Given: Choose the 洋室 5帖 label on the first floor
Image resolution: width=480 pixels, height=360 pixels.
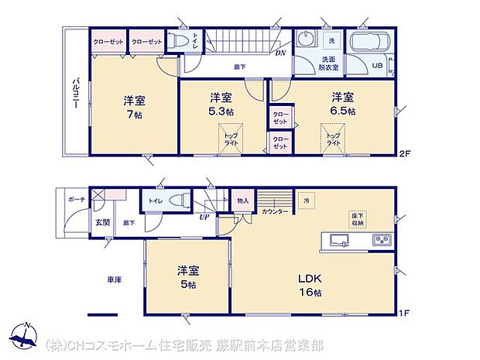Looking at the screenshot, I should (x=188, y=277).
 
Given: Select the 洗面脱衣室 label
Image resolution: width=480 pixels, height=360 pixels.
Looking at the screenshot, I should (x=330, y=63).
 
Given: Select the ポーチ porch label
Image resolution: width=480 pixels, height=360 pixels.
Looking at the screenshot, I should (x=76, y=198).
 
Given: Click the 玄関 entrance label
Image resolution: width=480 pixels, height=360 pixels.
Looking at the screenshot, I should (x=103, y=223).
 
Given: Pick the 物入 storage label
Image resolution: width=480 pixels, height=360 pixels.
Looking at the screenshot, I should (x=243, y=201).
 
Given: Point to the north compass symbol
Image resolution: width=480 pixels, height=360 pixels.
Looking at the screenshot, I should (x=26, y=334).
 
